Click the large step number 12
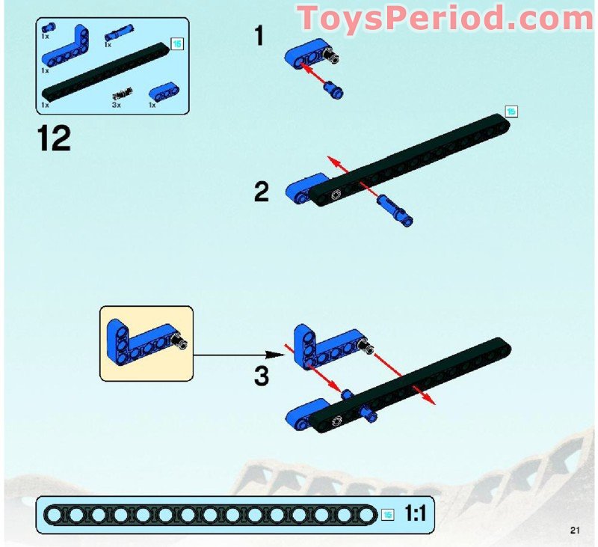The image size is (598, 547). point(52,138)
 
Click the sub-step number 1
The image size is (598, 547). point(259,35)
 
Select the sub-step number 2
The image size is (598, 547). point(261,192)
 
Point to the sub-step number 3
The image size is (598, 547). point(261,375)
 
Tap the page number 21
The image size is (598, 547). point(575,531)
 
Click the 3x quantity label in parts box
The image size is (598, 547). point(116,105)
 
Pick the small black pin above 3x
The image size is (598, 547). point(120,94)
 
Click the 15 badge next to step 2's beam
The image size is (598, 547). point(511,111)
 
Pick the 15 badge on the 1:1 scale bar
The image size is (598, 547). point(387,514)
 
